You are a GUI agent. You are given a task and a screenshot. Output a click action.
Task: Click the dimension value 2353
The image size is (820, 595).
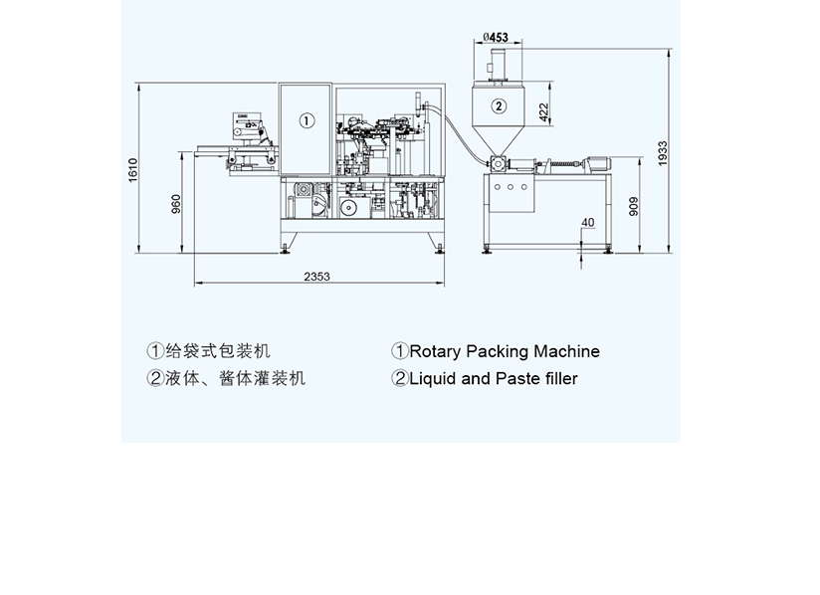pyautogui.click(x=317, y=277)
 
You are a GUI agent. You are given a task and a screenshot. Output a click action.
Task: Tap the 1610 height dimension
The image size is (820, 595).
pyautogui.click(x=132, y=170)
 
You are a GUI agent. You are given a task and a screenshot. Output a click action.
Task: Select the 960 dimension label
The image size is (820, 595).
pyautogui.click(x=176, y=203)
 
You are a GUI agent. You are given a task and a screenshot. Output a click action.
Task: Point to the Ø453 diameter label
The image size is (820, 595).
pyautogui.click(x=495, y=38)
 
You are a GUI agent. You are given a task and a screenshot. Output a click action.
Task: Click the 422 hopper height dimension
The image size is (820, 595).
pyautogui.click(x=544, y=111)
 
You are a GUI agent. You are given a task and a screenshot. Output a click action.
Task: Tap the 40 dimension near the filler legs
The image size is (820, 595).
pyautogui.click(x=588, y=222)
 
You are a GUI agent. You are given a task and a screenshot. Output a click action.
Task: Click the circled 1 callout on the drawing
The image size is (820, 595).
pyautogui.click(x=307, y=120)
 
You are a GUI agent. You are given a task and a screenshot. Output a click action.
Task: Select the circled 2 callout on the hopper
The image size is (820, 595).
pyautogui.click(x=499, y=104)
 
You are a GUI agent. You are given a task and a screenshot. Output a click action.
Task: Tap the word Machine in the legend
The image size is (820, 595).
pyautogui.click(x=566, y=351)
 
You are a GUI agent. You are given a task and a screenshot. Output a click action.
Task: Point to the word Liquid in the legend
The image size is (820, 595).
pyautogui.click(x=433, y=378)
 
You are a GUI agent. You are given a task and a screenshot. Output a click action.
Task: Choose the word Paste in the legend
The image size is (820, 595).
pyautogui.click(x=518, y=378)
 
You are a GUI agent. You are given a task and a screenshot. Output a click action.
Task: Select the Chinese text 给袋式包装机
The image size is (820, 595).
pyautogui.click(x=216, y=351)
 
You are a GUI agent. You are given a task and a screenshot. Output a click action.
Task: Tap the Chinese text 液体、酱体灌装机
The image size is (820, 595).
pyautogui.click(x=234, y=378)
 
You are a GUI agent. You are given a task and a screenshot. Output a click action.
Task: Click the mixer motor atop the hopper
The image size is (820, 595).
pyautogui.click(x=497, y=65)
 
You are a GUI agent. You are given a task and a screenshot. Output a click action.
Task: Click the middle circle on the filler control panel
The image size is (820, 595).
pyautogui.click(x=512, y=185)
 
